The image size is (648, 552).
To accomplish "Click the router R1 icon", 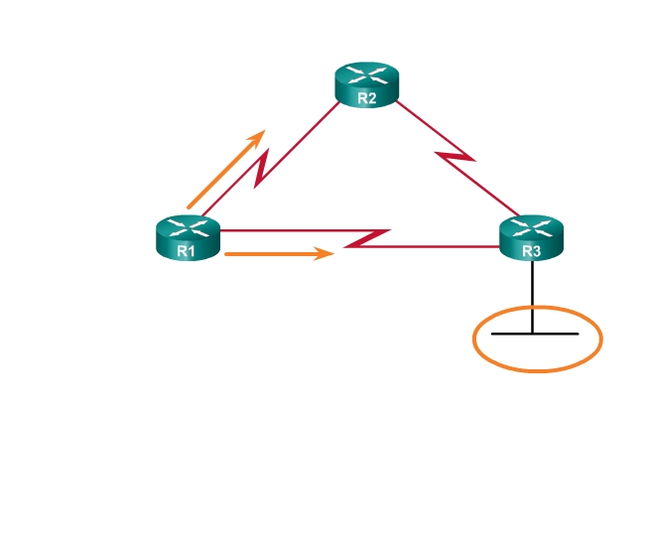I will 187,238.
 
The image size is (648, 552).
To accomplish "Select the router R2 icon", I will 366,84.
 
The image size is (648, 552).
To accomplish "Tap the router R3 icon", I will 531,238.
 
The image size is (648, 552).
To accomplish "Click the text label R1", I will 186,251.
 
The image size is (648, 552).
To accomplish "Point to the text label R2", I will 366,98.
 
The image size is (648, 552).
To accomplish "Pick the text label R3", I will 531,251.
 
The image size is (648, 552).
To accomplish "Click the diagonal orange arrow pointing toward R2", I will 225,170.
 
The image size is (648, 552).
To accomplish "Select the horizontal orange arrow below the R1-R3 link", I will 278,254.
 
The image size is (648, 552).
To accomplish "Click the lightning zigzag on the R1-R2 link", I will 261,168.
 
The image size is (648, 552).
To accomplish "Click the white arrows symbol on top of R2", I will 366,73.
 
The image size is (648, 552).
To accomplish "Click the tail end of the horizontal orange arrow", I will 228,254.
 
